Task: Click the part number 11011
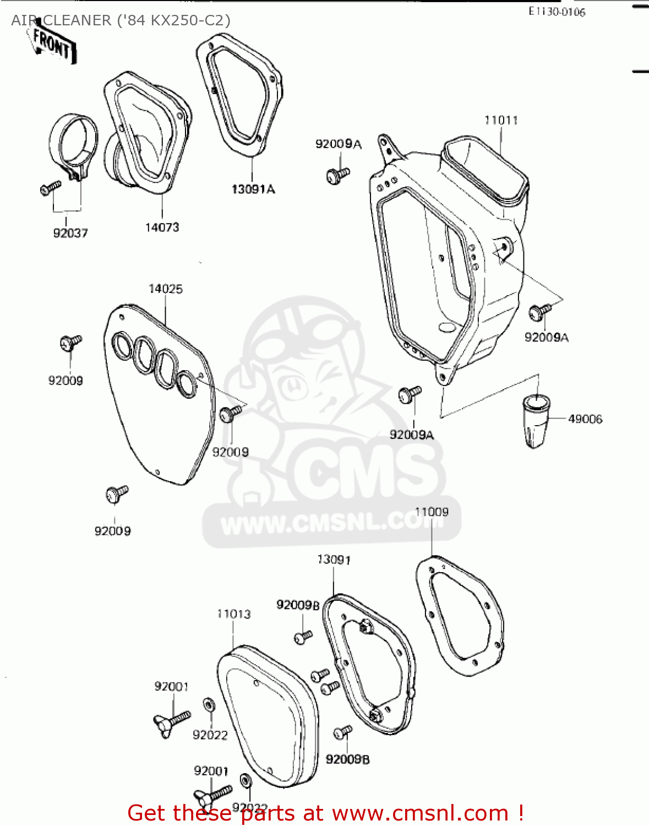pyautogui.click(x=500, y=120)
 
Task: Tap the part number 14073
pyautogui.click(x=162, y=227)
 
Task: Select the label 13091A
pyautogui.click(x=253, y=189)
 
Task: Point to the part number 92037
pyautogui.click(x=70, y=233)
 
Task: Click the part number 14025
pyautogui.click(x=165, y=289)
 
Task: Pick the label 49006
pyautogui.click(x=585, y=419)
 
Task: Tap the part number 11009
pyautogui.click(x=432, y=512)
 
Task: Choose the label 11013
pyautogui.click(x=233, y=614)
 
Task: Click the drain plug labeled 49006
pyautogui.click(x=535, y=421)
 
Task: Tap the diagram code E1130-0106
pyautogui.click(x=557, y=12)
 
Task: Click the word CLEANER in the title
pyautogui.click(x=77, y=20)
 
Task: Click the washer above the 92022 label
pyautogui.click(x=209, y=705)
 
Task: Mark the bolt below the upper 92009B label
pyautogui.click(x=303, y=637)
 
